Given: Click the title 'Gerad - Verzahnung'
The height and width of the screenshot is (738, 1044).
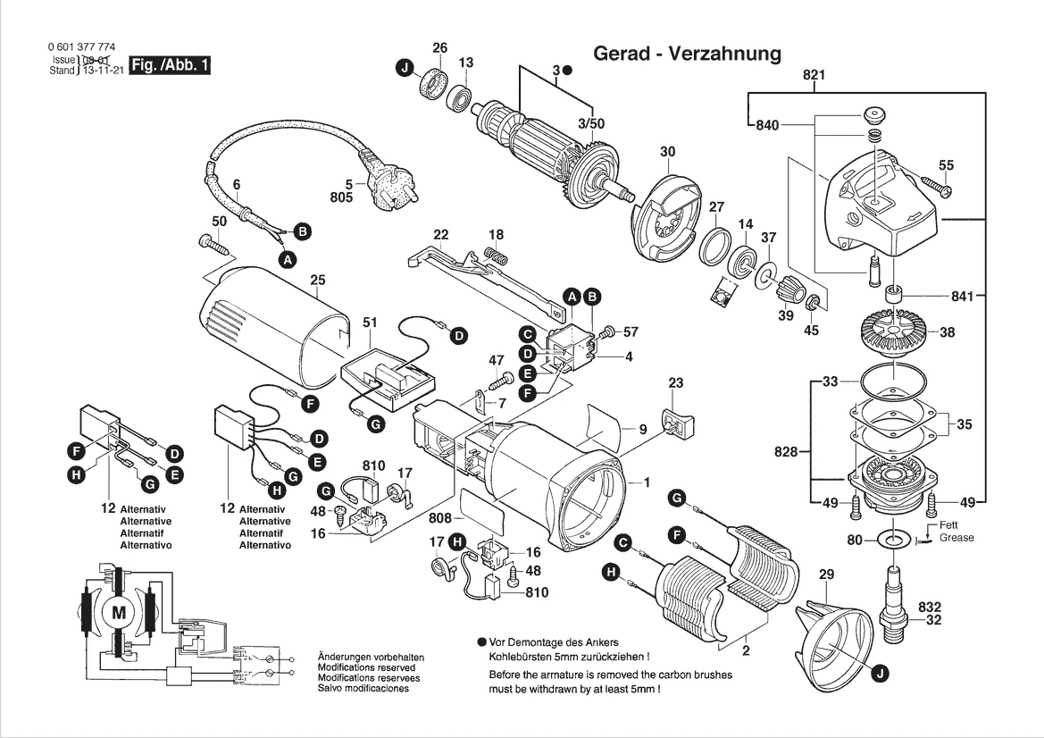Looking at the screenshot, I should [x=686, y=54].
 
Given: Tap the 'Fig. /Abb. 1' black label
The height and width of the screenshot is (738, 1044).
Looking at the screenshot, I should [x=171, y=66].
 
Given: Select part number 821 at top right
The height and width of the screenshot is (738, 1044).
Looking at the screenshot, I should [x=813, y=76].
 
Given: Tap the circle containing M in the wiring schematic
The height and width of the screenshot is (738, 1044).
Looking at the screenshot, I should [x=119, y=612].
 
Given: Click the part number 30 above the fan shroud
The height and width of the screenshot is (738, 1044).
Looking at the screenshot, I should [x=667, y=152].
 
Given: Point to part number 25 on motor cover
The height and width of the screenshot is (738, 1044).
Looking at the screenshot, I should [x=317, y=281].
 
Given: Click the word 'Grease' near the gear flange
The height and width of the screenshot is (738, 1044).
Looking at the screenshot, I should [x=956, y=538].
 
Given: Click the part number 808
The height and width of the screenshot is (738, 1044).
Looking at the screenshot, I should [x=439, y=517].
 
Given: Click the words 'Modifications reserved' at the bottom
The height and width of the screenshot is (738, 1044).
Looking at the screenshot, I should [x=366, y=667].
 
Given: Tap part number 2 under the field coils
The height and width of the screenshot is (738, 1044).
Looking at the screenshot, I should [x=746, y=651].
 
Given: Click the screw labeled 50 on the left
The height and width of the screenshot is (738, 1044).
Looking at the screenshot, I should [x=211, y=241].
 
